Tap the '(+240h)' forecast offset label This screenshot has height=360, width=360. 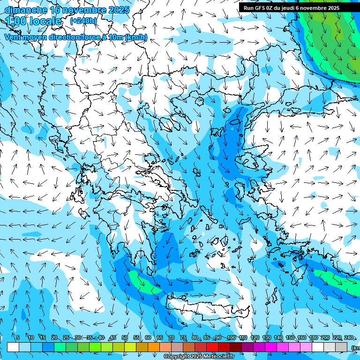pyautogui.click(x=83, y=21)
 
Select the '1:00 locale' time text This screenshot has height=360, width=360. pyautogui.click(x=34, y=21)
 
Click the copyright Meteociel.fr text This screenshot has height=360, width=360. pyautogui.click(x=199, y=357)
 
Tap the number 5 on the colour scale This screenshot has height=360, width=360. pyautogui.click(x=17, y=338)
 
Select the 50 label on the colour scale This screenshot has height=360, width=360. pyautogui.click(x=125, y=338)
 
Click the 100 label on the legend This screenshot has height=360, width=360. pyautogui.click(x=231, y=338)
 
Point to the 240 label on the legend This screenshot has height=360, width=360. pyautogui.click(x=348, y=338)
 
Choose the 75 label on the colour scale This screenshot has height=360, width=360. pyautogui.click(x=183, y=338)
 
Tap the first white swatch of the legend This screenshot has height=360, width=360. pyautogui.click(x=13, y=347)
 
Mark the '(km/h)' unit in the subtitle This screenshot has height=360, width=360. pyautogui.click(x=136, y=37)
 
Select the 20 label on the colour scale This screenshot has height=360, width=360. pyautogui.click(x=54, y=338)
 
